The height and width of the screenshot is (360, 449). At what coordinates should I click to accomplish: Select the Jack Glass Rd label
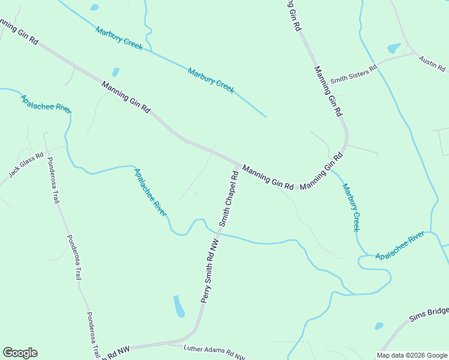[x=26, y=165]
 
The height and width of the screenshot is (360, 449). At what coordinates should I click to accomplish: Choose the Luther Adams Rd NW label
[x=206, y=352]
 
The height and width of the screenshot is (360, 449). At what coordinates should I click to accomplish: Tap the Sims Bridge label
[x=429, y=314]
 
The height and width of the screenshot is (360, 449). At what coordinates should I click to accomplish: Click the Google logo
[x=20, y=353]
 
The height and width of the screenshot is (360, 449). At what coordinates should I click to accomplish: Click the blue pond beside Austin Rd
[x=394, y=48]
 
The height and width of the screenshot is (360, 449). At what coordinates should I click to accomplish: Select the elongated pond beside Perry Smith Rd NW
[x=179, y=306]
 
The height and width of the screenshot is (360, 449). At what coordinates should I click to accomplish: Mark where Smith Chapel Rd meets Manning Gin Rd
[x=238, y=164]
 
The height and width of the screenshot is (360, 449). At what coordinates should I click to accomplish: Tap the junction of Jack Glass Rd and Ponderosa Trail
[x=47, y=149]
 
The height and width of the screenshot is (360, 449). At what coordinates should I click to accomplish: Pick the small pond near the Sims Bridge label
[x=379, y=326]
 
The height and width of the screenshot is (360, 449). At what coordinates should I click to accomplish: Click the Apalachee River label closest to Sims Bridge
[x=400, y=247]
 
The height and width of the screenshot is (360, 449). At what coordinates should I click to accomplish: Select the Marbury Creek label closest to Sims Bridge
[x=351, y=207]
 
